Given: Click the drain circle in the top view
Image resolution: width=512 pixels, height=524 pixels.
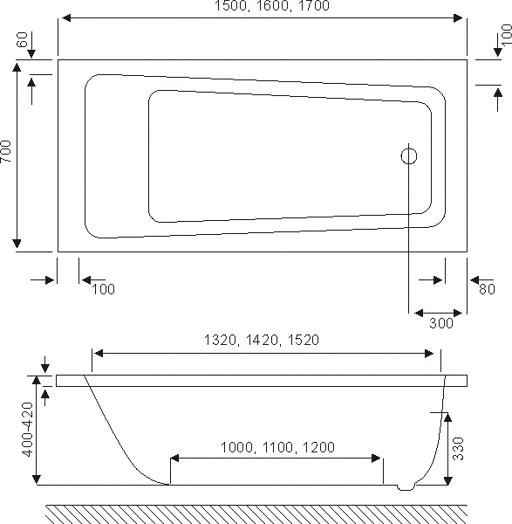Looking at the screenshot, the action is click(409, 148).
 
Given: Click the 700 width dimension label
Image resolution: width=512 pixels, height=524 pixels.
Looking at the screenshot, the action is click(6, 151).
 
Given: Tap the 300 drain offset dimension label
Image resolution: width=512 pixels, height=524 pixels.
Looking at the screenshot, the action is click(440, 323).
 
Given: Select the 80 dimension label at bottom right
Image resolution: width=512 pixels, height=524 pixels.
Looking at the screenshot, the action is click(487, 289).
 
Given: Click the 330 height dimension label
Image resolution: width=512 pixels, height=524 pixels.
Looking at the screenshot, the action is click(459, 449).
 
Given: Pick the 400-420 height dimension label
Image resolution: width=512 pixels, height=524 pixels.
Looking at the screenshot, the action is click(27, 430).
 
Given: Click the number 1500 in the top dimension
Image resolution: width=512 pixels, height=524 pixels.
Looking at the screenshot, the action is click(231, 6).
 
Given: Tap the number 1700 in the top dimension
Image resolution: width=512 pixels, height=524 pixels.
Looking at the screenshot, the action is click(313, 6).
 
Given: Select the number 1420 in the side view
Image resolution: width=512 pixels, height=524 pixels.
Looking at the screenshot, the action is click(262, 341).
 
